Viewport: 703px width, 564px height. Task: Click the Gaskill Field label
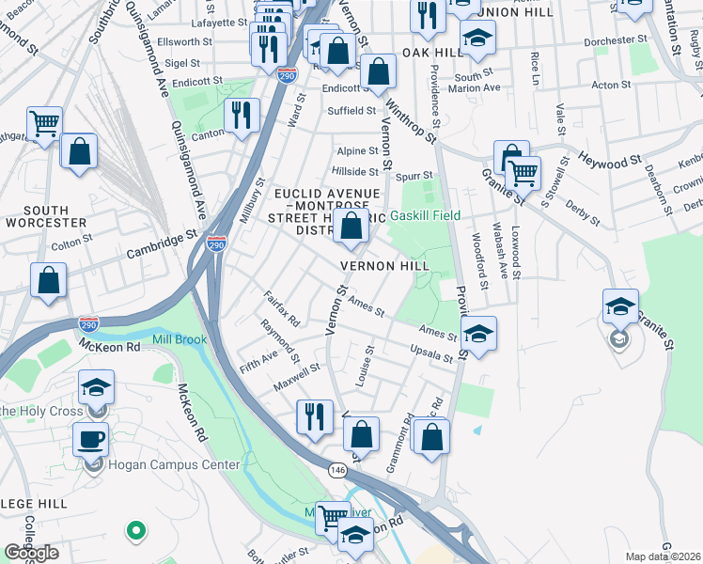(x=429, y=215)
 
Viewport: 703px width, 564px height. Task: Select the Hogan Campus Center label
(x=165, y=463)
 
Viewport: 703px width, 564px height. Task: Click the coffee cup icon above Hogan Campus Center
(x=91, y=440)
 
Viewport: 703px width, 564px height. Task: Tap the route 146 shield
(x=336, y=468)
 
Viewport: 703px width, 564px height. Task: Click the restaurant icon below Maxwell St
(x=314, y=417)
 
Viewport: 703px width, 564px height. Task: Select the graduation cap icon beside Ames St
(x=478, y=334)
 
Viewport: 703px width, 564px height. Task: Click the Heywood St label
(x=608, y=157)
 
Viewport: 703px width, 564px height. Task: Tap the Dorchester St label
(x=595, y=41)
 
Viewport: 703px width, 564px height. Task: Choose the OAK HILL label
(x=434, y=53)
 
